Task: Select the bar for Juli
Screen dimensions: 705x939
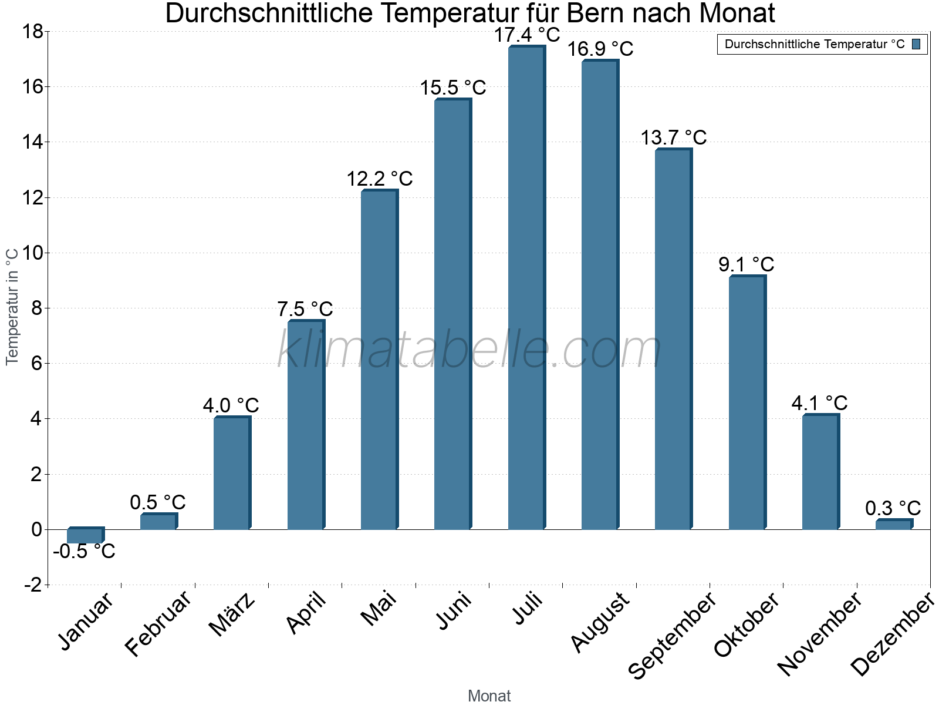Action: pos(526,288)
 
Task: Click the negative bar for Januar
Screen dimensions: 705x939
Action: pos(85,535)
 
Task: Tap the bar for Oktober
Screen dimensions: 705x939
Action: pos(747,403)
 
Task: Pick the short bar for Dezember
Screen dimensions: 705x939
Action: pos(893,525)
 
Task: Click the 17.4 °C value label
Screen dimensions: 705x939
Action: pos(527,35)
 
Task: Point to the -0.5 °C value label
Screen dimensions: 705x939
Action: pos(84,552)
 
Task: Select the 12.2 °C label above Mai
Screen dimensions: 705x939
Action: pos(380,179)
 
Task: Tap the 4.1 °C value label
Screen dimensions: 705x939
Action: pos(819,403)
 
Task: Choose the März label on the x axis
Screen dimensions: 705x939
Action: pos(232,615)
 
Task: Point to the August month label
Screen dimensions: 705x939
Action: pos(600,622)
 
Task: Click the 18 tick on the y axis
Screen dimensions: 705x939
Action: pos(33,32)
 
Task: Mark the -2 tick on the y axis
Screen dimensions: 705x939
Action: pos(33,585)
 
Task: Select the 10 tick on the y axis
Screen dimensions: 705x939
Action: pos(33,253)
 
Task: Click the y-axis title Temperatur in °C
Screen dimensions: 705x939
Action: pos(12,305)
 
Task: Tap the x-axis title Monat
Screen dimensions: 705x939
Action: pos(489,696)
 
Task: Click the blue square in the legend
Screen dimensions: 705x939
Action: pos(916,44)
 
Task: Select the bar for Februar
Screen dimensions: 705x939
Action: pos(158,522)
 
